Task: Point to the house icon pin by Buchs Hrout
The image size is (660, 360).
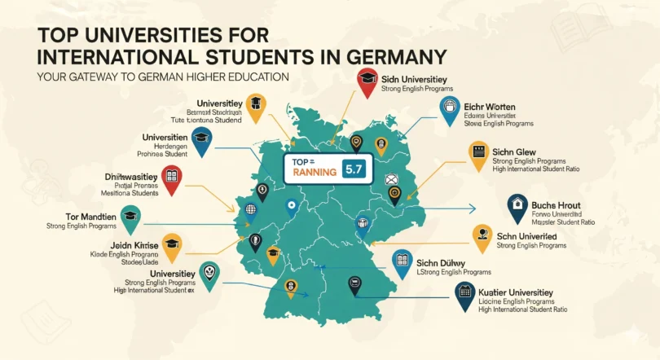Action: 516,206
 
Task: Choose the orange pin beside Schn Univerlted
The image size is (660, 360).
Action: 482,235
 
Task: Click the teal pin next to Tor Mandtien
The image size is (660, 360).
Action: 130,215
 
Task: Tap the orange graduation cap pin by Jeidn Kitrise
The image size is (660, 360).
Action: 171,244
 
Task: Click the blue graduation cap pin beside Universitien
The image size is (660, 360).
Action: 201,138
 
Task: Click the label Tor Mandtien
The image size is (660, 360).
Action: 81,217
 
